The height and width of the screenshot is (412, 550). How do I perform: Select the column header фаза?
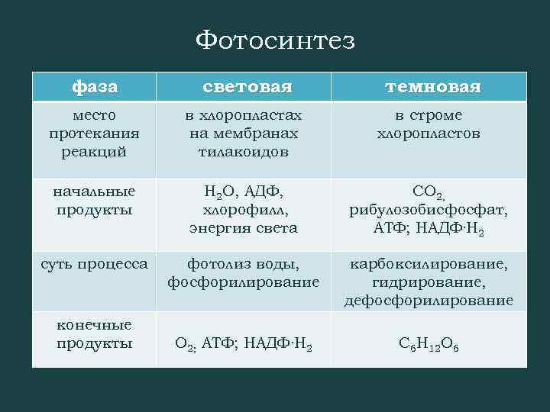[95, 87]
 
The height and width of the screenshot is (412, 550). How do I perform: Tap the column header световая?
[247, 87]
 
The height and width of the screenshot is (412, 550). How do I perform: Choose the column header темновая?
[432, 87]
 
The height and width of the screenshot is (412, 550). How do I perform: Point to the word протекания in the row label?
[95, 134]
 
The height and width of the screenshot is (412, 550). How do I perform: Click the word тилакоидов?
[244, 152]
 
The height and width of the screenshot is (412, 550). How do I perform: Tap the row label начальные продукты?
[95, 200]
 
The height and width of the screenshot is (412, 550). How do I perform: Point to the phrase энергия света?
[244, 228]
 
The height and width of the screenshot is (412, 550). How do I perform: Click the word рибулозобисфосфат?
[428, 209]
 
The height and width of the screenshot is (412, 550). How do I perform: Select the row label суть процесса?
[95, 264]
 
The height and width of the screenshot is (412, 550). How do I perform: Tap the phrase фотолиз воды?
[244, 264]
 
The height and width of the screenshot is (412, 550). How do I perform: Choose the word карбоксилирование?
[428, 264]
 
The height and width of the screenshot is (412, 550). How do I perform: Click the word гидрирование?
[428, 282]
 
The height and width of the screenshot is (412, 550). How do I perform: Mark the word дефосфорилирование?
[428, 301]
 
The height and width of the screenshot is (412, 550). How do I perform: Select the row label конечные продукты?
[95, 334]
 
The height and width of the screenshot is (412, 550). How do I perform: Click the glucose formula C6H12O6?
[428, 345]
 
